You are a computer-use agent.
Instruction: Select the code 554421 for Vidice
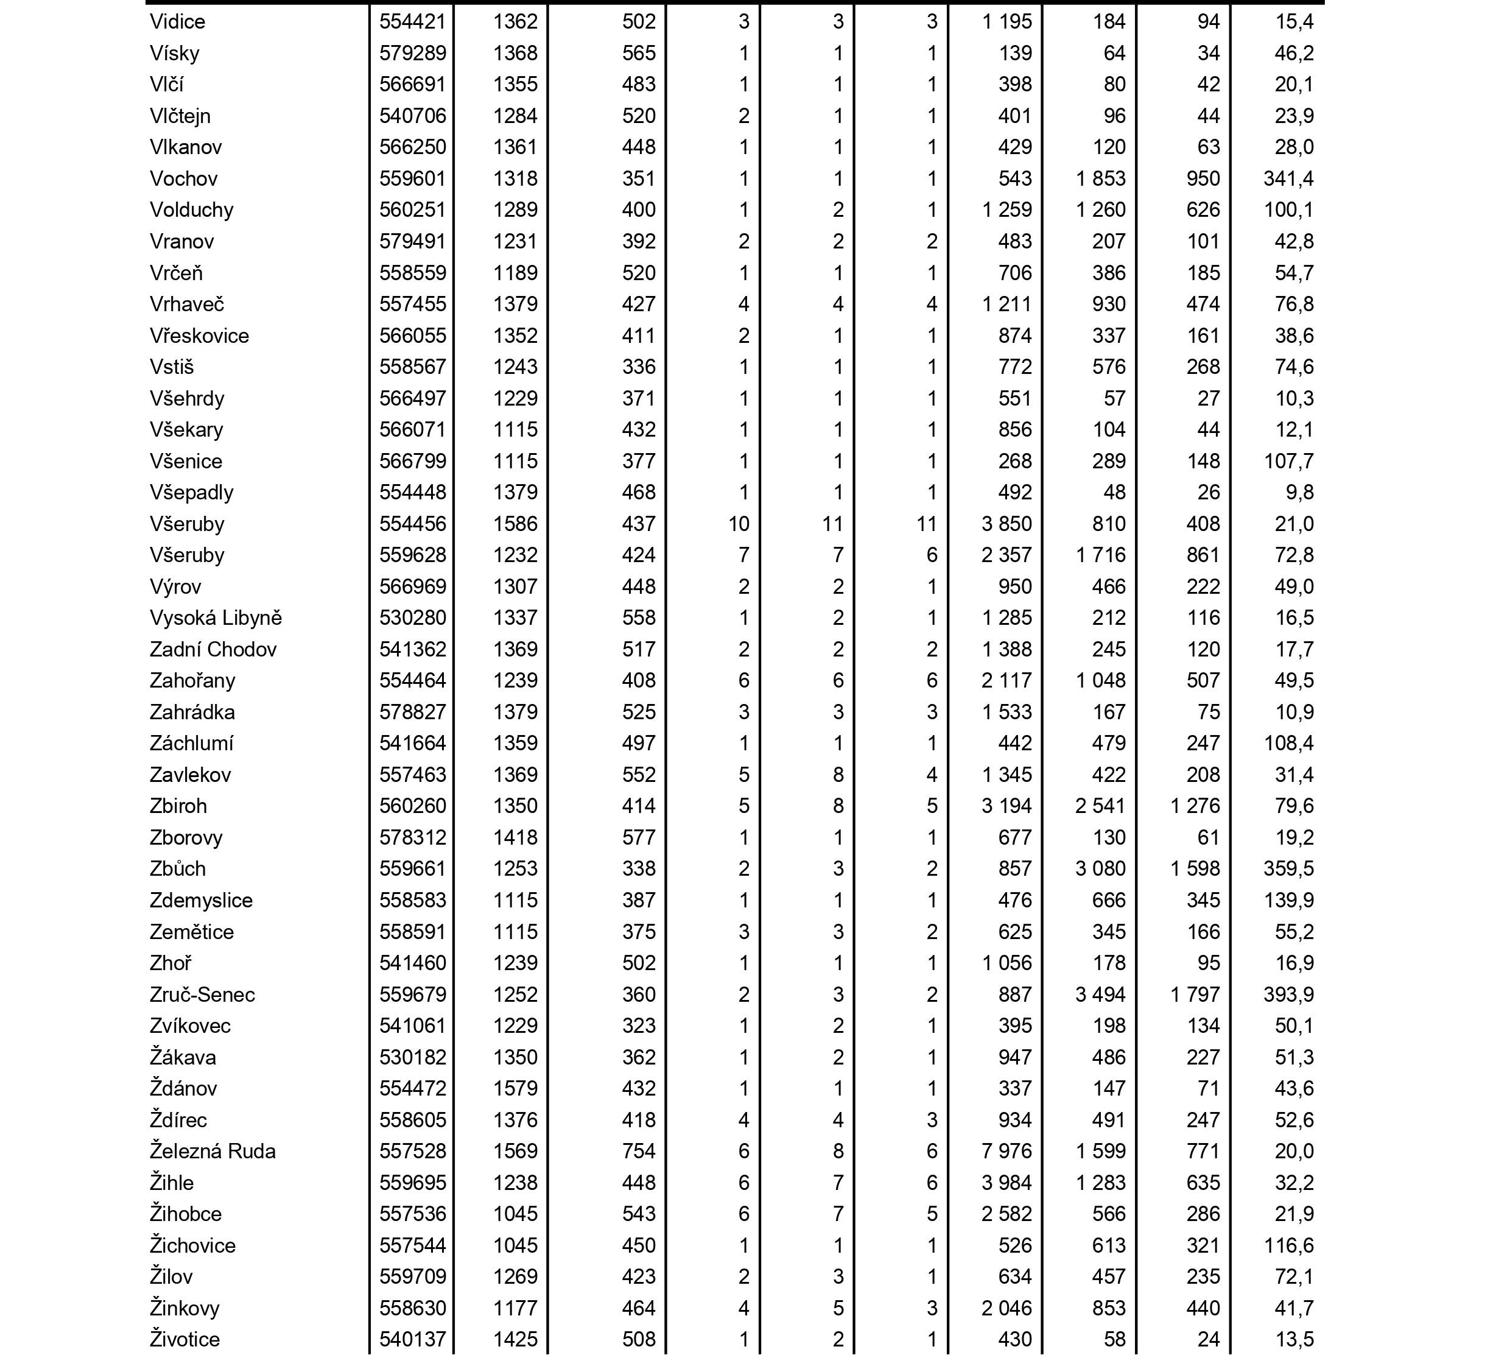[412, 21]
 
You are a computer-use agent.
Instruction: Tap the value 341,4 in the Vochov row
[1288, 178]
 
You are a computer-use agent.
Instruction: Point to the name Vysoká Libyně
[215, 618]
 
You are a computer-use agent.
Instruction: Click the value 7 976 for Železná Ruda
[1006, 1151]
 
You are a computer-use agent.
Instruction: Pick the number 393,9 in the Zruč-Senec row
[1288, 994]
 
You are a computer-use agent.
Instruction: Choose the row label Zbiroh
[178, 806]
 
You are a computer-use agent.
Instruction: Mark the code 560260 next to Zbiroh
[412, 806]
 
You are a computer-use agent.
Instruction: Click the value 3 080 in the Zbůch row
[1100, 869]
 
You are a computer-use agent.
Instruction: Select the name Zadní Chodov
[213, 649]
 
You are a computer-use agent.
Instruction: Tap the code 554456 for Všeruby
[412, 524]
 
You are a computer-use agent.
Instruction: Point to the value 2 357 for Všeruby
[1006, 555]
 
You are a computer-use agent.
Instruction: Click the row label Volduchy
[191, 210]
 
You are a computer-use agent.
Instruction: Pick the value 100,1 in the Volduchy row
[1288, 210]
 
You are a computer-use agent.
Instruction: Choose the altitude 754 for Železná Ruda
[639, 1151]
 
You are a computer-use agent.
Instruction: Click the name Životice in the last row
[184, 1339]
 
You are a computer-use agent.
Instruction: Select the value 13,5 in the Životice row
[1294, 1339]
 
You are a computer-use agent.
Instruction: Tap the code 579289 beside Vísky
[412, 53]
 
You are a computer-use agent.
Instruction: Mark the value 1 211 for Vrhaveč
[1006, 304]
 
